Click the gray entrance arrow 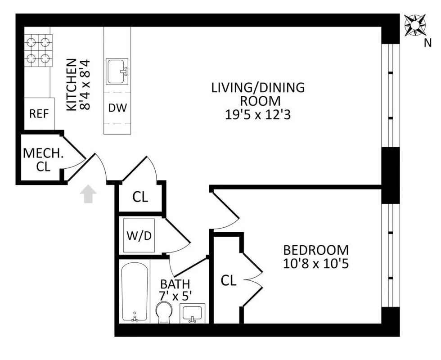88,195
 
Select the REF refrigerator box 39,113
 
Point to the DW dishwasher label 117,108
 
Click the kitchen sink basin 117,71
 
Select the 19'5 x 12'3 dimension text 258,115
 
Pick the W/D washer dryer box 139,236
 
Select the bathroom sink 193,313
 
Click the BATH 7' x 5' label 175,290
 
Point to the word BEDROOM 315,250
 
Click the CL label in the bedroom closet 229,281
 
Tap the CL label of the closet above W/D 140,197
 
